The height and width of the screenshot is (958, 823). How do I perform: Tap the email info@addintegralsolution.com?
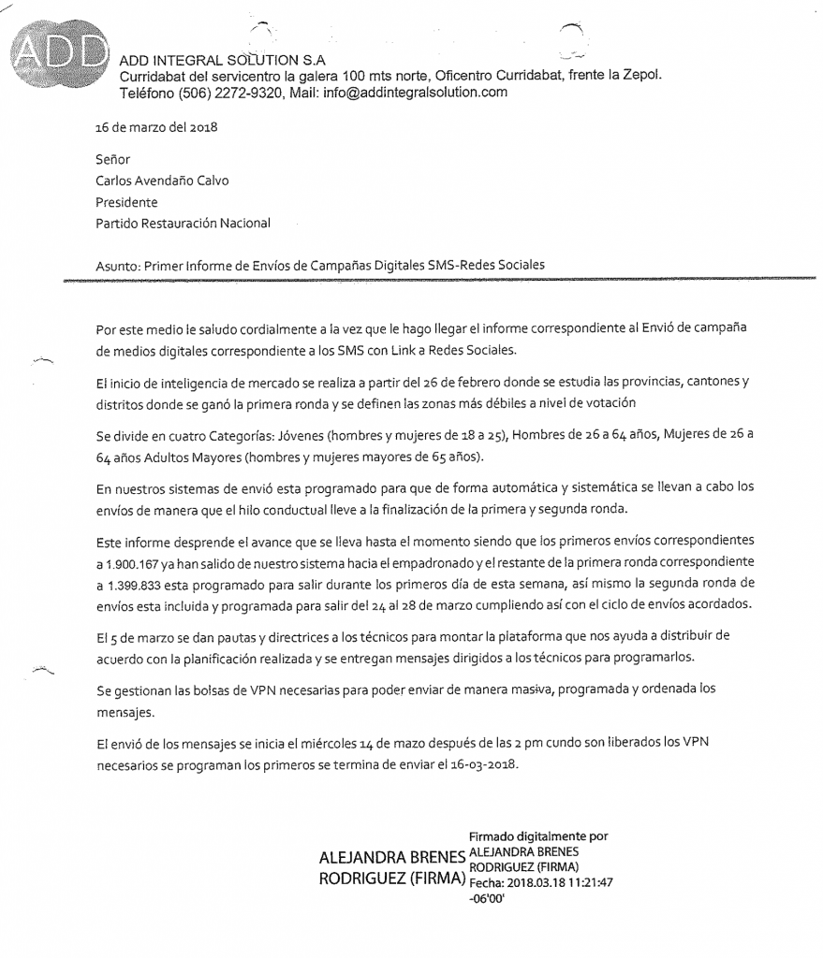point(414,92)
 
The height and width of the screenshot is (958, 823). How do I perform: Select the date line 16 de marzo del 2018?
point(155,127)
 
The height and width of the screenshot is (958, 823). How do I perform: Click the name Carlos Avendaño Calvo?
point(162,181)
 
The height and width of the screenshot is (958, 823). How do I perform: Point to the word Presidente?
point(126,202)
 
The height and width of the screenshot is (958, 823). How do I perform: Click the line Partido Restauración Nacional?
point(183,224)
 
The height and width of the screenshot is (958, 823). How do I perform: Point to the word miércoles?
point(322,744)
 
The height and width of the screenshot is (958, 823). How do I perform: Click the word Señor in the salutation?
point(112,159)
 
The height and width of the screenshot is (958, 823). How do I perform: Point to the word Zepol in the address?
point(640,76)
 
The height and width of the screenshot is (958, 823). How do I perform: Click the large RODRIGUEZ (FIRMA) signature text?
point(392,880)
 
